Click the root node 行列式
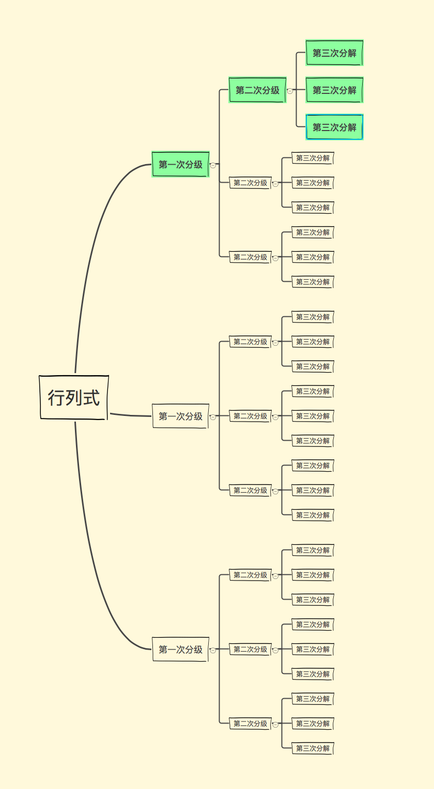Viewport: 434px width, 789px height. [74, 397]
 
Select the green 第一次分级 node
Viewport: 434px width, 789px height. [180, 165]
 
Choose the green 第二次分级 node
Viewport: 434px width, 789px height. [257, 90]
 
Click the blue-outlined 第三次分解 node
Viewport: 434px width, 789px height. [334, 127]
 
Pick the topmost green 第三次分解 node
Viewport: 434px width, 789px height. [334, 53]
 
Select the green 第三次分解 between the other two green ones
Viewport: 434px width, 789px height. [334, 90]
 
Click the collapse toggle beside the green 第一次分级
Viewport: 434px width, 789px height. [213, 165]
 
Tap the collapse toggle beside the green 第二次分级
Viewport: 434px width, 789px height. [290, 91]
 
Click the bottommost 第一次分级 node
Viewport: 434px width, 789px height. [180, 649]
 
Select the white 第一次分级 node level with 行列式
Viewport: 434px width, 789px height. [180, 416]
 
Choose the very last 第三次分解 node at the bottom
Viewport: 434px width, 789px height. [313, 748]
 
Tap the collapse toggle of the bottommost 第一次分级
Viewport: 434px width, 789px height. [213, 650]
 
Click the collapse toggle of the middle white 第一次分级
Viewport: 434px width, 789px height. [213, 417]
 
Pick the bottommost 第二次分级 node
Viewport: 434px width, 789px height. [250, 723]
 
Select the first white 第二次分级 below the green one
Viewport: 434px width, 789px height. [250, 183]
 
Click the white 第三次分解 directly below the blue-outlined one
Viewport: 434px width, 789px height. [313, 158]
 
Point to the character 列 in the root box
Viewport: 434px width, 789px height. [74, 398]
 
